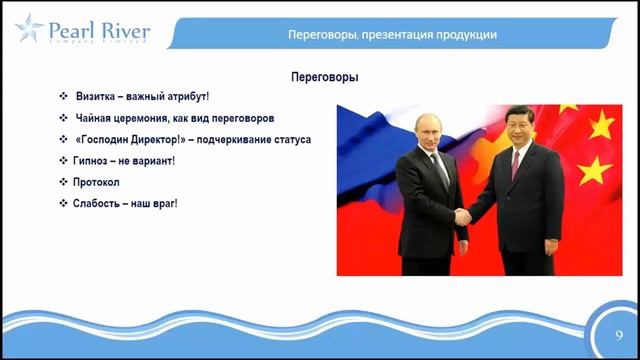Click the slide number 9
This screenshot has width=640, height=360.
(x=619, y=334)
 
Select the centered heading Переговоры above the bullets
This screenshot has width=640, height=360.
(x=324, y=77)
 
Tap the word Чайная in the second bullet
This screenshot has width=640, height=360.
(x=96, y=118)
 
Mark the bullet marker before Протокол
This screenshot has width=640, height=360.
(x=63, y=182)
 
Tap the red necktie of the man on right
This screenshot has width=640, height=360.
(x=516, y=165)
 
